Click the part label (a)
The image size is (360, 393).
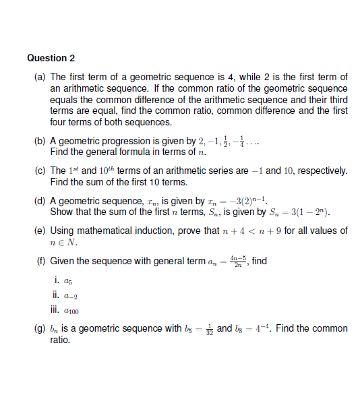point(40,78)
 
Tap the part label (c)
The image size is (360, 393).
point(40,171)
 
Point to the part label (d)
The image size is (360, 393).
point(40,202)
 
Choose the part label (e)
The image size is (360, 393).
point(40,231)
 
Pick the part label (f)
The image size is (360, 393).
point(40,262)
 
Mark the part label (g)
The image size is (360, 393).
point(40,329)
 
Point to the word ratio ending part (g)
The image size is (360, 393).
point(60,340)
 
